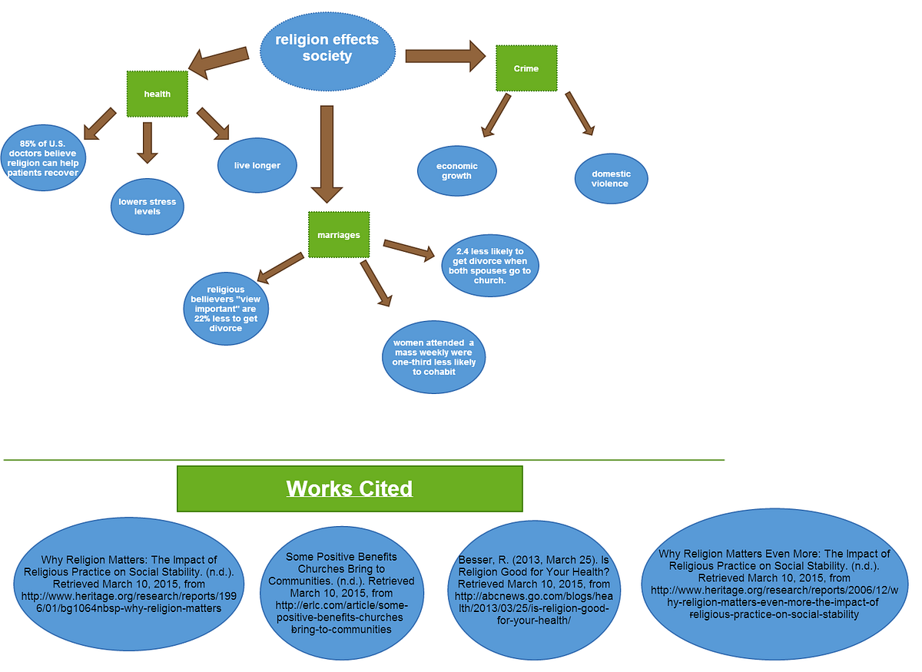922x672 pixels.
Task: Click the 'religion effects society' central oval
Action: [327, 48]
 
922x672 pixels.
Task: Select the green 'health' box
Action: [157, 94]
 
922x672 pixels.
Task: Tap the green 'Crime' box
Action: [526, 68]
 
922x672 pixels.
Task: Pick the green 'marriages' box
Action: [339, 234]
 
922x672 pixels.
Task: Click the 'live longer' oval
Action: [257, 165]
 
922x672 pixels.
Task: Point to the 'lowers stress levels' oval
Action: [148, 207]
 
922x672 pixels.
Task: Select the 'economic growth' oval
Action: [457, 170]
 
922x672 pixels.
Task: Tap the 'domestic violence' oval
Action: [611, 178]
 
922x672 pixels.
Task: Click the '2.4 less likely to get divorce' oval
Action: [490, 266]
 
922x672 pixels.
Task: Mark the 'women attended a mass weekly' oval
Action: [434, 357]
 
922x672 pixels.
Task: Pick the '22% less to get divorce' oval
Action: [226, 309]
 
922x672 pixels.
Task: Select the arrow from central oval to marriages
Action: [327, 154]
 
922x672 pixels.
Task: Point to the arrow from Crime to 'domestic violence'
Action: [580, 114]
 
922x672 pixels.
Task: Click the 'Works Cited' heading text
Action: [350, 488]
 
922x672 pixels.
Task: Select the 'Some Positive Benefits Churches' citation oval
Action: [346, 592]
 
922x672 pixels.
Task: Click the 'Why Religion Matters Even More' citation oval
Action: [774, 584]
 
